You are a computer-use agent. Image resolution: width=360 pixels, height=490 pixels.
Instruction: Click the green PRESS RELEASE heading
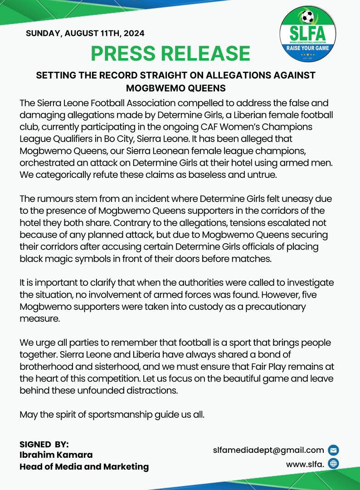170,53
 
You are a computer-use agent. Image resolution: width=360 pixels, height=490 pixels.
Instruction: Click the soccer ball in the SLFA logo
308,17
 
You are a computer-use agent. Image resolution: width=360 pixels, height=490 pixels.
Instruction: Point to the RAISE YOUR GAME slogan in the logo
308,48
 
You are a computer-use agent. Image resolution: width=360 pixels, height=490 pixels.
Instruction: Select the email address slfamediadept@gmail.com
268,450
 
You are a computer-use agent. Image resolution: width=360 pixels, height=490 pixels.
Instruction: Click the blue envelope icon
333,451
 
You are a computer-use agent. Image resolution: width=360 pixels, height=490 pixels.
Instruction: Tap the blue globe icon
333,464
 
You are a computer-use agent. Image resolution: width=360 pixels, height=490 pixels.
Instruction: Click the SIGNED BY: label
44,444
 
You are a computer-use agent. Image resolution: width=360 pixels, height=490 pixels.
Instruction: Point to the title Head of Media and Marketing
84,466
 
